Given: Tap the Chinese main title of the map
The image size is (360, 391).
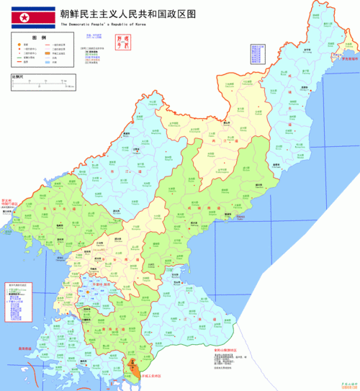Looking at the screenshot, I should (x=126, y=14).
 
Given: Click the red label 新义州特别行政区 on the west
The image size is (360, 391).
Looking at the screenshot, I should (x=10, y=203).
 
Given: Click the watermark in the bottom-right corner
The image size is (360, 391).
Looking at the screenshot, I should (x=349, y=386).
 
